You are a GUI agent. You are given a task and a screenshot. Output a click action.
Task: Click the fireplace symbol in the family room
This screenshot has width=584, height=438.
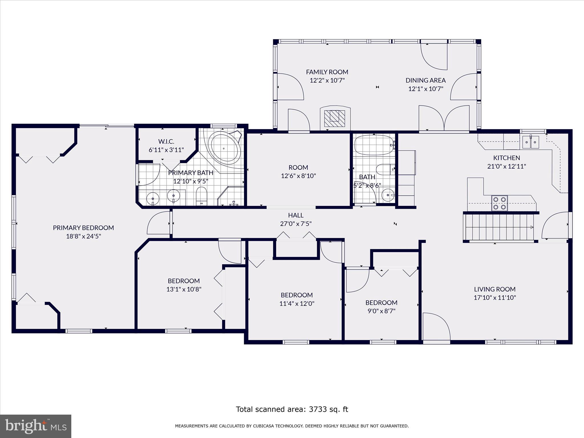tap(335, 118)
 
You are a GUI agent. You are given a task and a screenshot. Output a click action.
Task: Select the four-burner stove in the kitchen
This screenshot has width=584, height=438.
tap(499, 203)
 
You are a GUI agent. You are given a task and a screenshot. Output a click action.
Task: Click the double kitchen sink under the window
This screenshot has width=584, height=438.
tap(530, 142)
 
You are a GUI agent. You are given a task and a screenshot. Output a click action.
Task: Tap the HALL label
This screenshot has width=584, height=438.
tap(296, 215)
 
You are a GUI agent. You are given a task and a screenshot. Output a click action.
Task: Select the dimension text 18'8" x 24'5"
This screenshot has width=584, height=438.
tap(84, 236)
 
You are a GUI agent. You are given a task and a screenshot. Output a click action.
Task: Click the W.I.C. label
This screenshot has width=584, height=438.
tap(166, 141)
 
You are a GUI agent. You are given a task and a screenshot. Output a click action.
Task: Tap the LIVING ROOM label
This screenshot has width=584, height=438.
tap(495, 289)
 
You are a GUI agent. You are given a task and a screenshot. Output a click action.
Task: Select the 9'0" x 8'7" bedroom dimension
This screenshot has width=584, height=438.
tap(381, 311)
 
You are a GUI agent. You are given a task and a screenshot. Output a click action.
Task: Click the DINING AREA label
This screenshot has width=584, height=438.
tap(425, 80)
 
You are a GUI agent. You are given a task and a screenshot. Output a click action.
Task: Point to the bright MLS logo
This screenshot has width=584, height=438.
tap(36, 426)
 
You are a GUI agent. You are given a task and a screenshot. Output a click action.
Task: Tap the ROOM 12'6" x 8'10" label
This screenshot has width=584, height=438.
tap(298, 171)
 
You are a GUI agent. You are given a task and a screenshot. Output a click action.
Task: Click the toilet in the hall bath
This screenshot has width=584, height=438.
tap(385, 170)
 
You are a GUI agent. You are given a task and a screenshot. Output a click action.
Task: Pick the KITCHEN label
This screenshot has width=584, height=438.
tap(506, 158)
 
